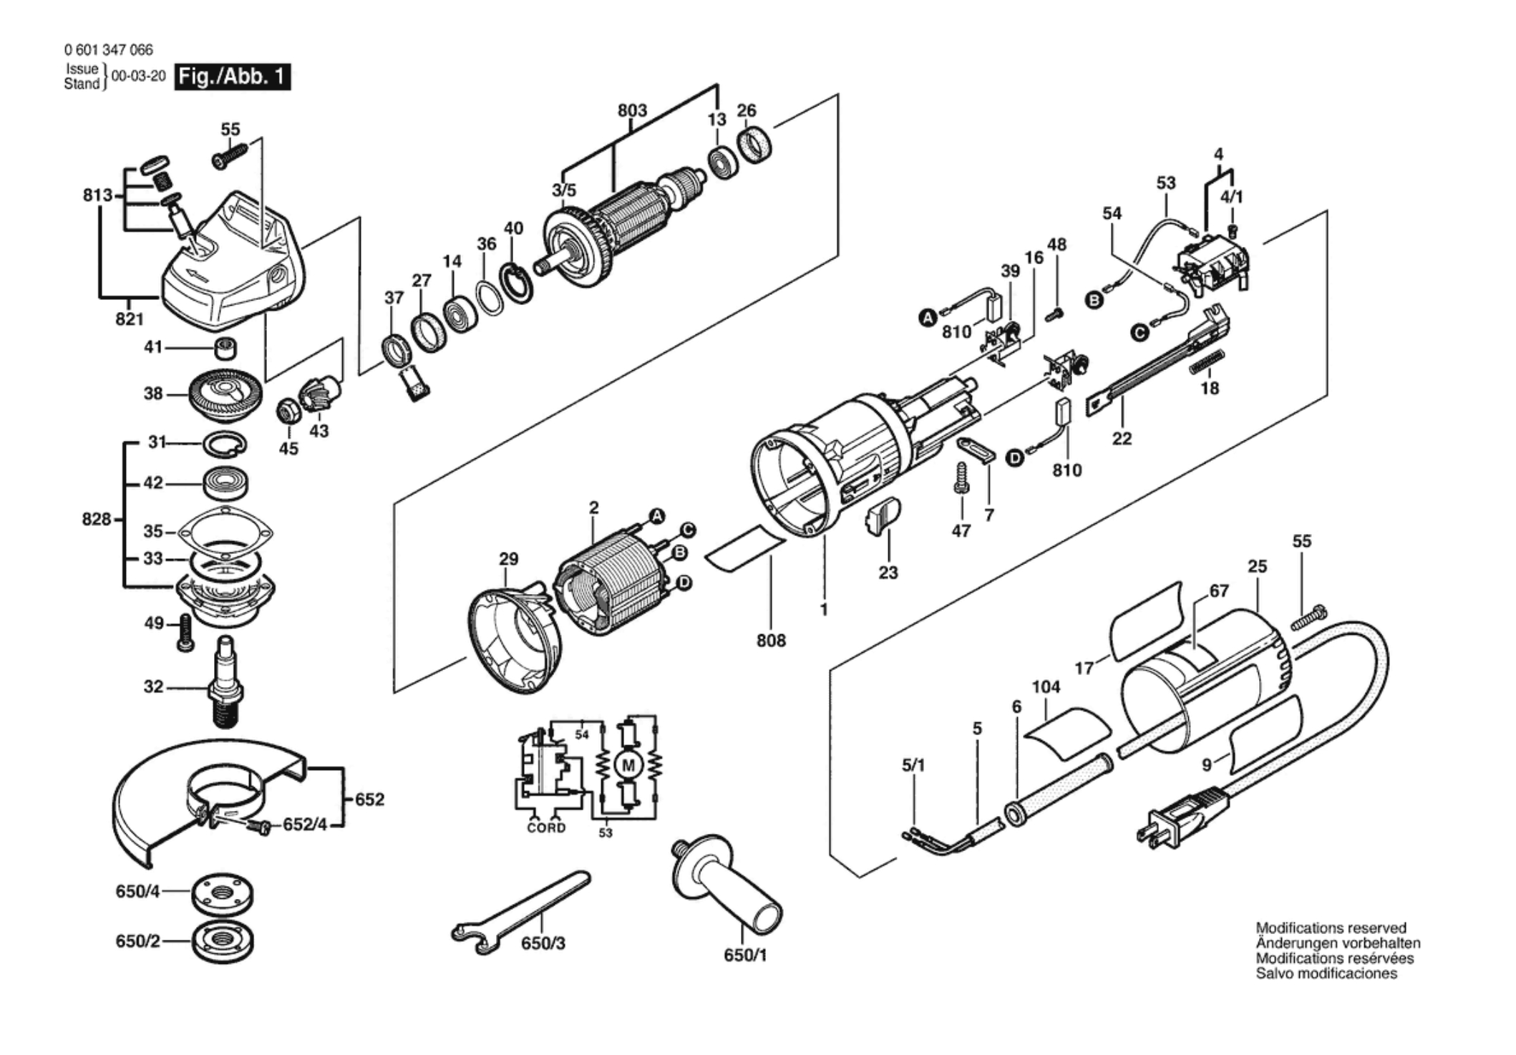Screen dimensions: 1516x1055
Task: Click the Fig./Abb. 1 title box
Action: (x=233, y=77)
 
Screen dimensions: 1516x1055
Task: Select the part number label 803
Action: (x=632, y=111)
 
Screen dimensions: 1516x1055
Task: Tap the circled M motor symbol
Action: (x=628, y=766)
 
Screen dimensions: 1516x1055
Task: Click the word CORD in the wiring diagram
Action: (x=546, y=828)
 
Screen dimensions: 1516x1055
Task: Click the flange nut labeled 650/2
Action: (x=223, y=940)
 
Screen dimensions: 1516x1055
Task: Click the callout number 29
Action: (x=508, y=559)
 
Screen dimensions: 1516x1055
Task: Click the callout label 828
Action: (x=96, y=519)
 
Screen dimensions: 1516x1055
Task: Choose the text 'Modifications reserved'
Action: (x=1331, y=928)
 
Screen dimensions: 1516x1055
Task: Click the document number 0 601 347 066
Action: (x=108, y=49)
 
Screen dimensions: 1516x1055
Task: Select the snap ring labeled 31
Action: (x=225, y=444)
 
